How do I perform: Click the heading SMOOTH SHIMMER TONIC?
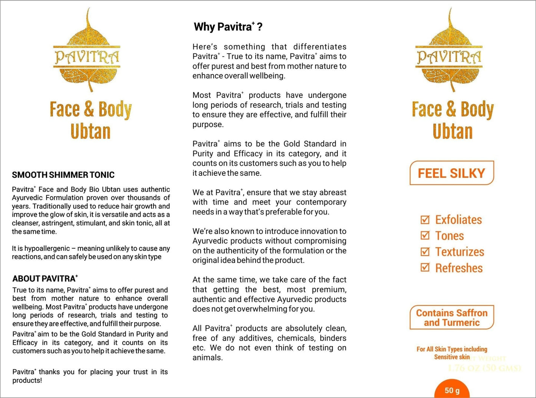63,175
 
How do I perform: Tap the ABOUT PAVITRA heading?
45,279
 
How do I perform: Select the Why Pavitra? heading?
228,27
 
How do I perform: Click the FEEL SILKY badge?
451,173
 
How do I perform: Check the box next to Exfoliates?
425,220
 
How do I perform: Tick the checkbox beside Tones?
425,236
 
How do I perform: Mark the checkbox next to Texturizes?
425,252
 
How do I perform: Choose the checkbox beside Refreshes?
425,268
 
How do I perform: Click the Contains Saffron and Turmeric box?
451,318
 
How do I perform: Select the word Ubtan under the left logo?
91,132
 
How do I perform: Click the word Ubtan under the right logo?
453,132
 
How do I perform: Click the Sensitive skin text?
452,357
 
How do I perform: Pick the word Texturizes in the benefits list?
460,252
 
